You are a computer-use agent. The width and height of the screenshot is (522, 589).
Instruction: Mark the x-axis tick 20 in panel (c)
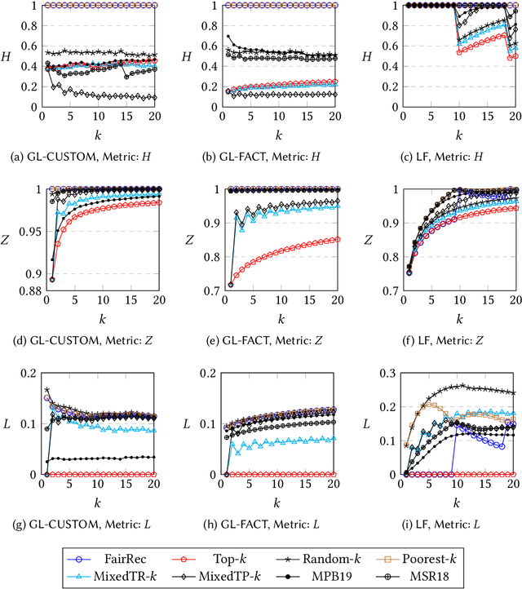point(513,117)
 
